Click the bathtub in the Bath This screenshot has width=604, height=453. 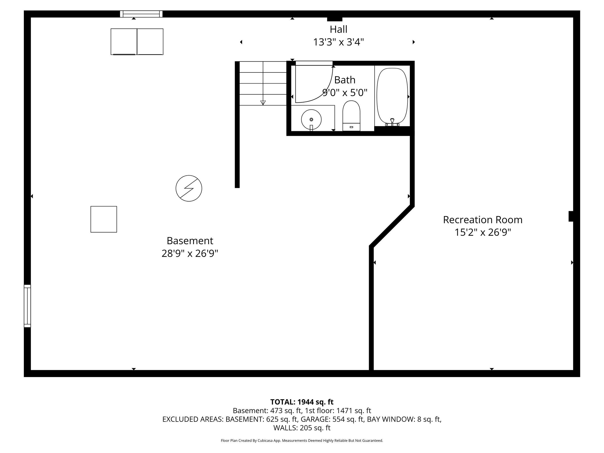click(x=392, y=97)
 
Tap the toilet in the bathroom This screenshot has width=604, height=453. click(x=351, y=116)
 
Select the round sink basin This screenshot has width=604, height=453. click(x=311, y=120)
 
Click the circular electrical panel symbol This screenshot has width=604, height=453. click(x=189, y=189)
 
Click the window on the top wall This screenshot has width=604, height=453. click(x=141, y=14)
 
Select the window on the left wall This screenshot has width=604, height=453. click(x=27, y=306)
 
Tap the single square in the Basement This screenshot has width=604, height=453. click(x=104, y=219)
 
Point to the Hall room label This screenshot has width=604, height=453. click(x=339, y=29)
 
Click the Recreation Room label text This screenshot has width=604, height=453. click(x=482, y=220)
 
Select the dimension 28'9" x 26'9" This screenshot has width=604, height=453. click(x=190, y=253)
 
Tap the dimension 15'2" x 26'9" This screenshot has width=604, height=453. click(x=482, y=232)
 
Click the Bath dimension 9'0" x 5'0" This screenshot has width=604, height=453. click(x=345, y=93)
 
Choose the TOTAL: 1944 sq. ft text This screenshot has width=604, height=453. click(x=302, y=402)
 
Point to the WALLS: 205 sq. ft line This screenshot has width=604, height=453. click(x=302, y=428)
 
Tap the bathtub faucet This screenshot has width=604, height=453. click(x=392, y=122)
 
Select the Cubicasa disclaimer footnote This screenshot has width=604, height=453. click(x=302, y=440)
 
